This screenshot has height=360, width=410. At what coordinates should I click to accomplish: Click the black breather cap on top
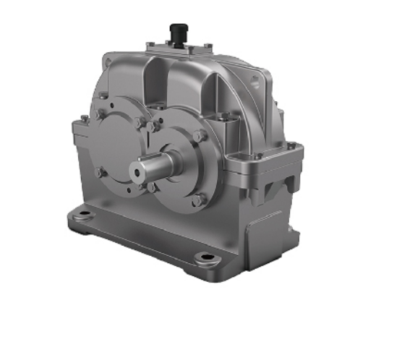point(176,33)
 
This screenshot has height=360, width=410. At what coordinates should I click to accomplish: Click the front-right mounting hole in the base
point(207,257)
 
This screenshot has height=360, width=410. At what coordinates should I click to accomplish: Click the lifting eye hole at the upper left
point(108,64)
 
